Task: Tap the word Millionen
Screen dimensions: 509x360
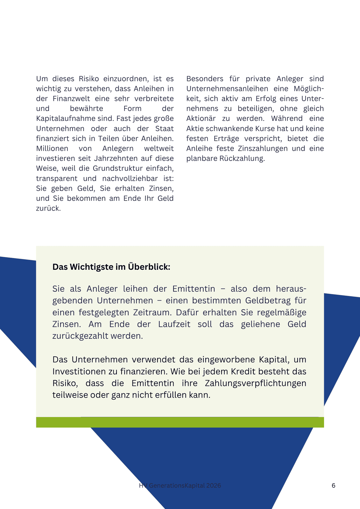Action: [x=52, y=149]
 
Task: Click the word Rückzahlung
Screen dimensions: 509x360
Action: [x=242, y=158]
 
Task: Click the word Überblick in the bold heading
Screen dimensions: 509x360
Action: [x=149, y=267]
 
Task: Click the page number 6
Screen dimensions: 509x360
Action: [x=333, y=485]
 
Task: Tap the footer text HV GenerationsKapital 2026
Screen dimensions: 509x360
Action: [x=180, y=485]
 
